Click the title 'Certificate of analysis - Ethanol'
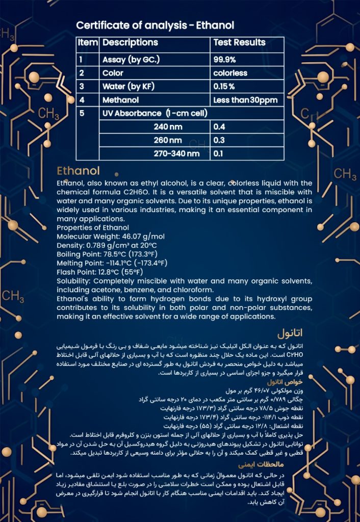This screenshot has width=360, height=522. (155, 25)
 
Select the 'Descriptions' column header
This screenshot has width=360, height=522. (130, 43)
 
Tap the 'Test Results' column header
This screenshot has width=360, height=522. (239, 43)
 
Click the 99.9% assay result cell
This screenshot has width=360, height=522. (224, 60)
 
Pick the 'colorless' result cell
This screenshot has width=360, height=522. (230, 73)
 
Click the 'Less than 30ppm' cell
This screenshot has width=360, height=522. (245, 100)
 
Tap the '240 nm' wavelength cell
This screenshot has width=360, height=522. (168, 127)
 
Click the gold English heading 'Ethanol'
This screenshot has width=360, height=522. (78, 170)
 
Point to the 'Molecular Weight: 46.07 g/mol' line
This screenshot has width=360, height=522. (111, 237)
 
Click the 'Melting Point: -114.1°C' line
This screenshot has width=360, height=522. (112, 263)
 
